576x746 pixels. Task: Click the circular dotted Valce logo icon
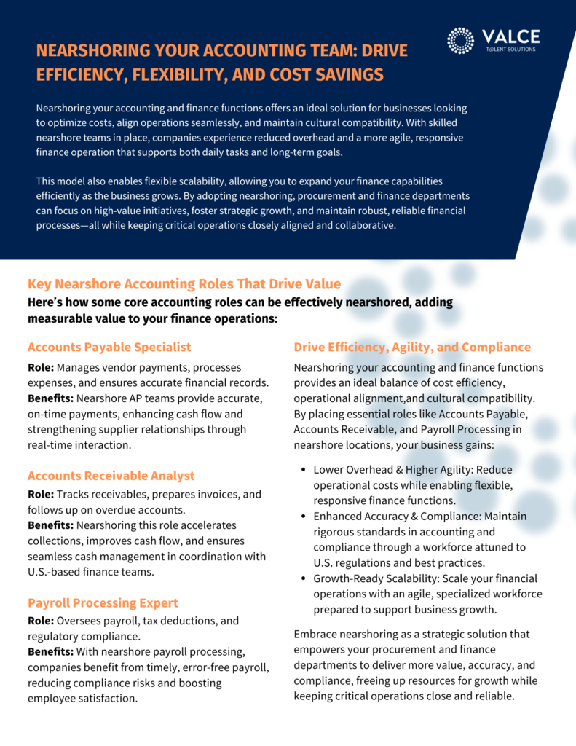click(460, 41)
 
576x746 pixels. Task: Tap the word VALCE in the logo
click(510, 36)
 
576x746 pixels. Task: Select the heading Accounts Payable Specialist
click(109, 347)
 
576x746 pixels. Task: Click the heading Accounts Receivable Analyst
click(111, 476)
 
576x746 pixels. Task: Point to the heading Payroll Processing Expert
click(103, 602)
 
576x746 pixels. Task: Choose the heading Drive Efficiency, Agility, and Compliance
click(412, 347)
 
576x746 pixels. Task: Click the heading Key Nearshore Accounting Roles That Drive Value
click(184, 284)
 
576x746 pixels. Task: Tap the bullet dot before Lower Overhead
click(303, 470)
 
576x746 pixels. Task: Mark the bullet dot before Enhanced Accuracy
click(303, 517)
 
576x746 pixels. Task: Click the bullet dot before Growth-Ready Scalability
click(303, 578)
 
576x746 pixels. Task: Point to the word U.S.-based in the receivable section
click(55, 573)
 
